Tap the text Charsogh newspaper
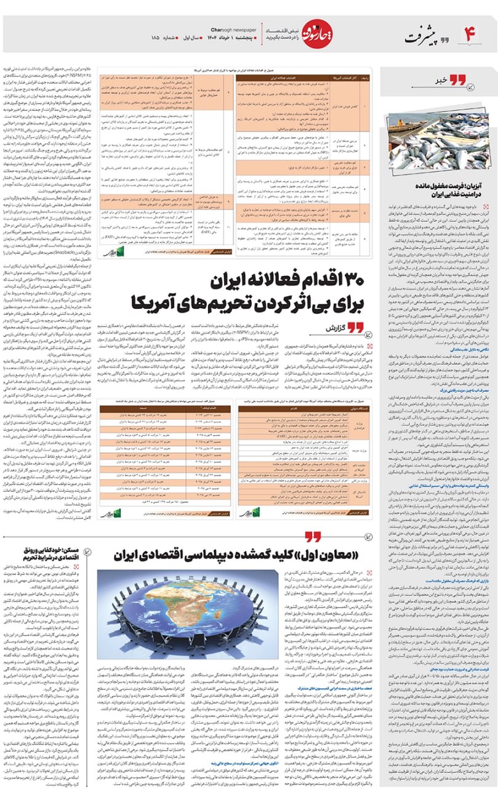tap(234, 29)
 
